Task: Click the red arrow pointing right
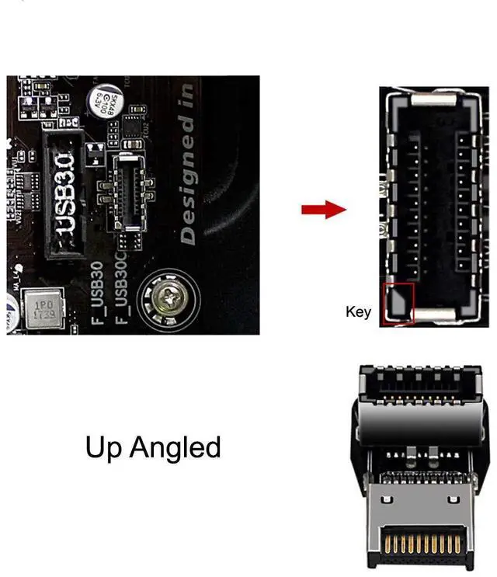click(x=322, y=210)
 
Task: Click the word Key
click(x=359, y=312)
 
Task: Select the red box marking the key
click(x=399, y=303)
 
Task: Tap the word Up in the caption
click(x=104, y=448)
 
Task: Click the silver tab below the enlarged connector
click(x=433, y=315)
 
